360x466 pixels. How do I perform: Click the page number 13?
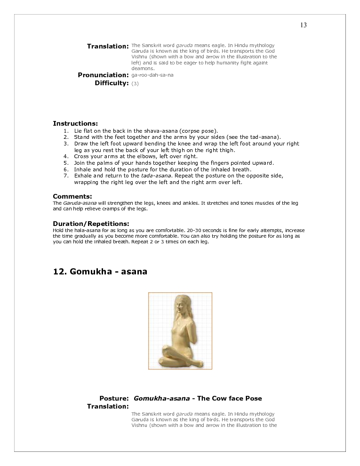pos(304,25)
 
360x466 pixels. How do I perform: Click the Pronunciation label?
pos(103,75)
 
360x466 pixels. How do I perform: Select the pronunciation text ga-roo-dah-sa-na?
pos(152,75)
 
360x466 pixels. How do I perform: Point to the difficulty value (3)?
pos(135,83)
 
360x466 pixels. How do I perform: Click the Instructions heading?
pos(75,123)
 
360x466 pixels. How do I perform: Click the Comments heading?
pos(72,196)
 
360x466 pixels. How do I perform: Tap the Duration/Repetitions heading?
pos(91,223)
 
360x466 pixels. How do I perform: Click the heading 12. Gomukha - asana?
pos(100,272)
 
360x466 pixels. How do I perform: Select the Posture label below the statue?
pos(114,398)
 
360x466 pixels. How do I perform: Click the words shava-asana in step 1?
pos(163,130)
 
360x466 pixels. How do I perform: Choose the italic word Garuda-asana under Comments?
pos(77,203)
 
